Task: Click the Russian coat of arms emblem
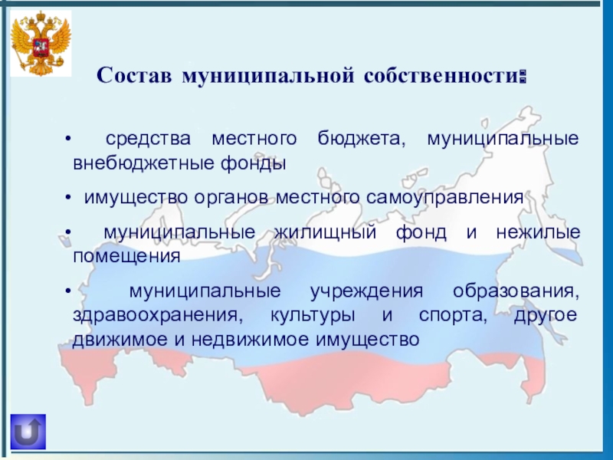click(x=41, y=44)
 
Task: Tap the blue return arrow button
click(x=28, y=432)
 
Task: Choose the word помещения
click(x=126, y=255)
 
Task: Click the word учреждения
click(x=367, y=293)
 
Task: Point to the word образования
click(x=515, y=293)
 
